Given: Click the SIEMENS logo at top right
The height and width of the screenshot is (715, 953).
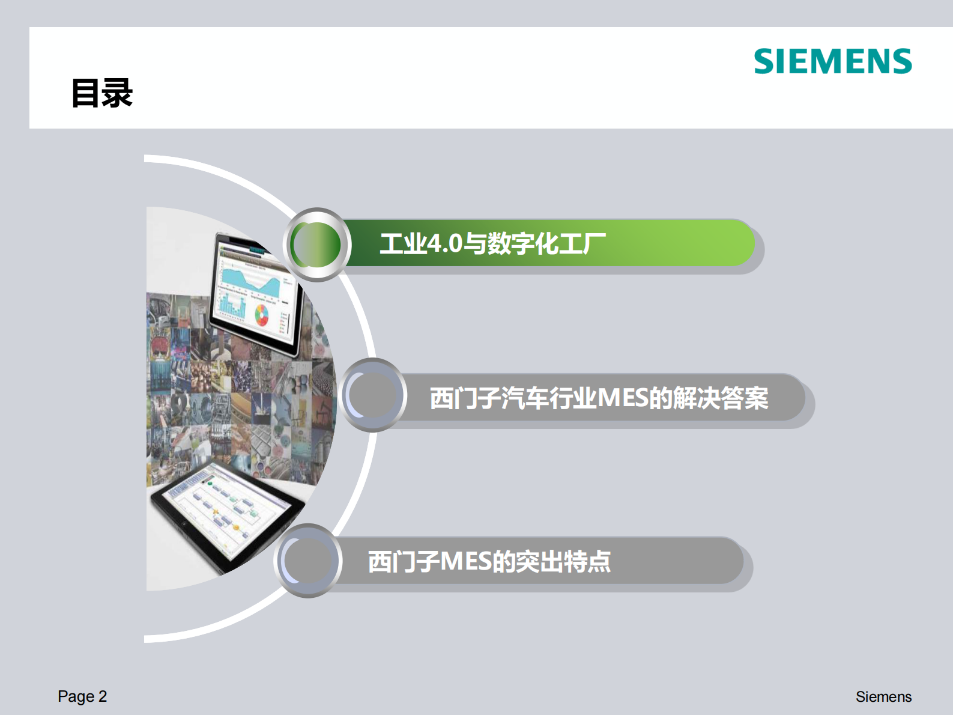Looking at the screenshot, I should (x=832, y=61).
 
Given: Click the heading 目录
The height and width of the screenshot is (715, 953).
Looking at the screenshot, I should (x=101, y=94).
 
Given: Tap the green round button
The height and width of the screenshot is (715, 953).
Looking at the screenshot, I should (x=316, y=245).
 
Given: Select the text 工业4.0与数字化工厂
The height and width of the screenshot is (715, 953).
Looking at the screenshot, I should (x=492, y=243).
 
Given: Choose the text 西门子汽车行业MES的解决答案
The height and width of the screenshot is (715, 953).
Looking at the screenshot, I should (x=599, y=398).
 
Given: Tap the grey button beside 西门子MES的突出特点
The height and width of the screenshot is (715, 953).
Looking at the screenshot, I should (x=308, y=561).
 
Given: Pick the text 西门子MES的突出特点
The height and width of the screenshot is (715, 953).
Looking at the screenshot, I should (x=489, y=562).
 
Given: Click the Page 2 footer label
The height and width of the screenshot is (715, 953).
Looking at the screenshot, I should (x=82, y=696).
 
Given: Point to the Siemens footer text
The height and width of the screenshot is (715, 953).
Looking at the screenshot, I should (x=883, y=697).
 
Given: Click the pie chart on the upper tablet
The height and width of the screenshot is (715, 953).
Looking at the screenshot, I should (x=262, y=314).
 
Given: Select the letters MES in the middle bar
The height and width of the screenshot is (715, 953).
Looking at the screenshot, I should (x=623, y=398).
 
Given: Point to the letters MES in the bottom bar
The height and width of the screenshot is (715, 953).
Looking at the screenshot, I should (x=466, y=562).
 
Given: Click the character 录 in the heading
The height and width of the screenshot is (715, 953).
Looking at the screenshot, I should (x=117, y=94).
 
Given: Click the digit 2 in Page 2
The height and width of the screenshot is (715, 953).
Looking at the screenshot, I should (x=103, y=696).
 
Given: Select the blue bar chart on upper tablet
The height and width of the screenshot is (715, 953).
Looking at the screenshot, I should (x=231, y=306).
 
